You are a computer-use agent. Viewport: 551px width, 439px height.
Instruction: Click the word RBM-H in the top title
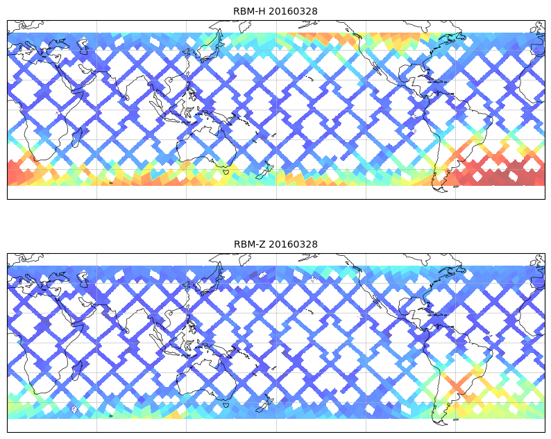(x=248, y=11)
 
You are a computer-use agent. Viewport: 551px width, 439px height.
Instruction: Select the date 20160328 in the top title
(x=292, y=11)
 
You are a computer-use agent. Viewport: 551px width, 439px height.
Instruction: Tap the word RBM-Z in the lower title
(x=248, y=244)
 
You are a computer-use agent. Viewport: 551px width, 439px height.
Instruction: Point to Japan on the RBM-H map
(x=207, y=47)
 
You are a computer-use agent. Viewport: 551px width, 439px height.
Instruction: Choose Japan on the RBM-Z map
(x=207, y=280)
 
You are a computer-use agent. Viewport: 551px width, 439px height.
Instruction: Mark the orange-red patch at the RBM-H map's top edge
(x=316, y=38)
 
